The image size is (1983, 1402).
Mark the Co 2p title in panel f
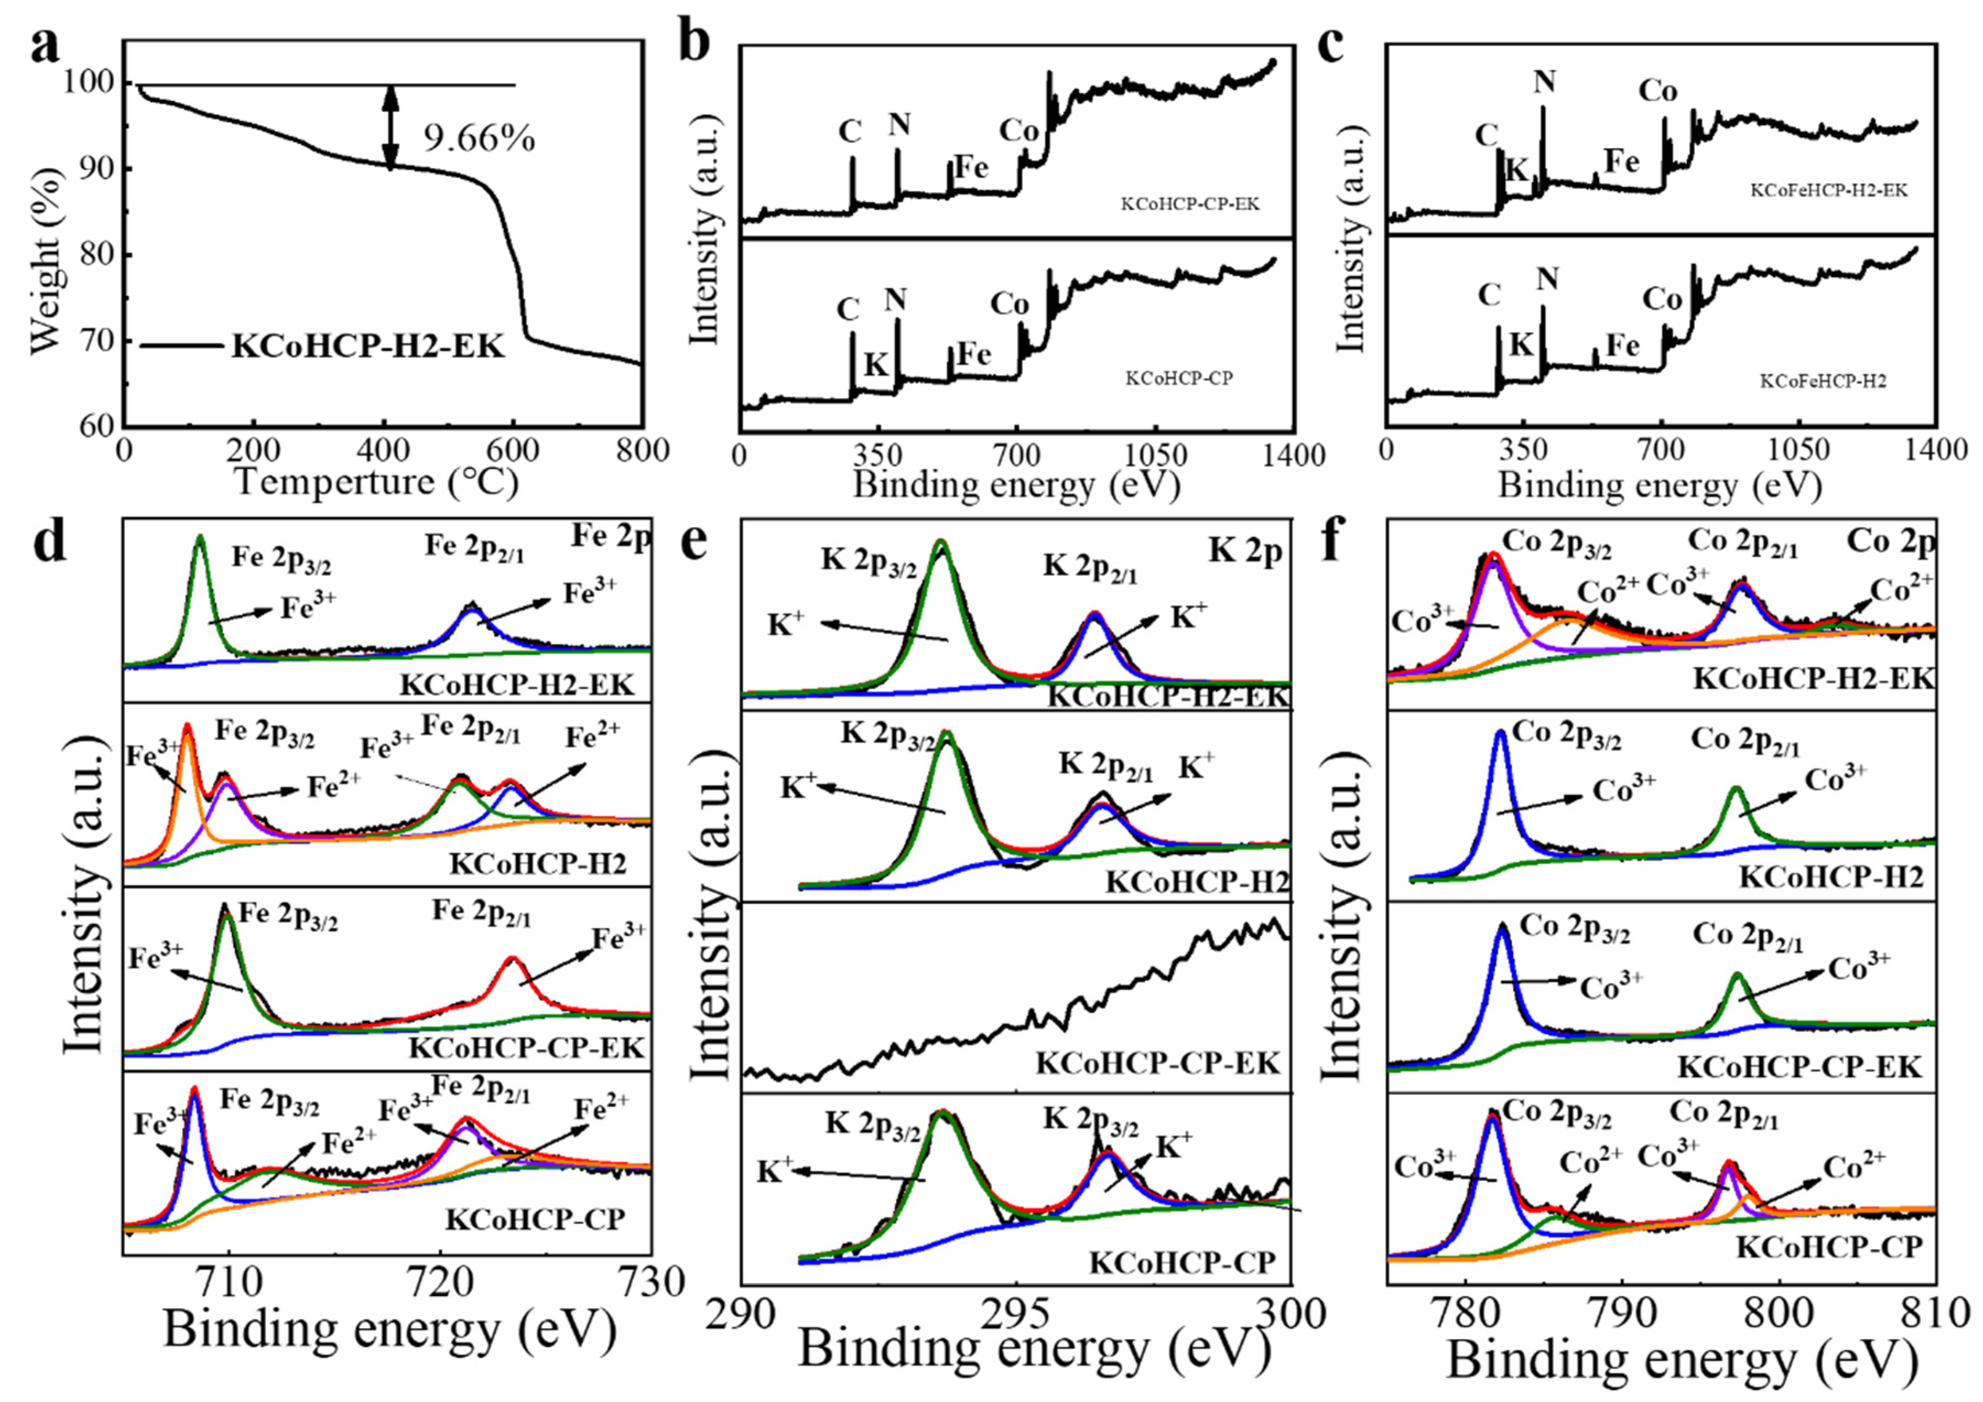tap(1890, 542)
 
